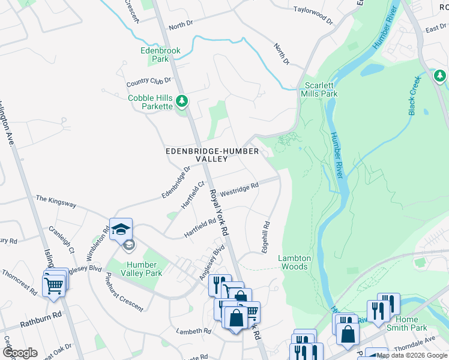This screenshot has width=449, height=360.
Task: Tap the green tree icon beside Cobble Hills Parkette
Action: coord(182,102)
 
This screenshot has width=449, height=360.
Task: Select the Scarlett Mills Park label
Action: coord(321,89)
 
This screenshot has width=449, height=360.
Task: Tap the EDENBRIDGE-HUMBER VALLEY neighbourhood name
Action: coord(212,155)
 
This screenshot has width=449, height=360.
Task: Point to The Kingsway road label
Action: coord(56,201)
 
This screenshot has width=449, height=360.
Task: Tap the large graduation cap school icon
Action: coord(121,229)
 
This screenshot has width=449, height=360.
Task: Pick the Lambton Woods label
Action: coord(294,262)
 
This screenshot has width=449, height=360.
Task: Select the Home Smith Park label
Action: coord(411,323)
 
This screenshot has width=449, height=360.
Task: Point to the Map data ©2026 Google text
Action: coord(412,355)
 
